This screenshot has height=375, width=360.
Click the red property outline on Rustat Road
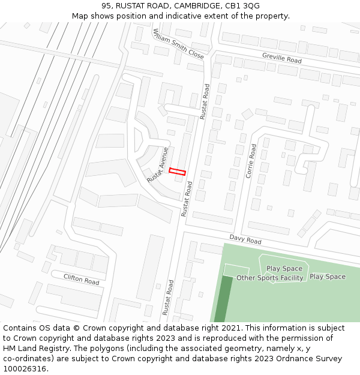[177, 172]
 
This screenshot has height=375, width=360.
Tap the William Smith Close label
[178, 44]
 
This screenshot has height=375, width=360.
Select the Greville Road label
[281, 58]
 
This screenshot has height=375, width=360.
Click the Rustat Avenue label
[158, 165]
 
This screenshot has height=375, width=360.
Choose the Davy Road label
[245, 239]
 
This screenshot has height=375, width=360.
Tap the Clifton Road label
[82, 279]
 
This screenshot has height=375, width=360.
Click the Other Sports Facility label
[269, 278]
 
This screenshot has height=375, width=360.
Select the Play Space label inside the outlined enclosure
[284, 269]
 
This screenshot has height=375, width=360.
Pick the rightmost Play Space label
[328, 277]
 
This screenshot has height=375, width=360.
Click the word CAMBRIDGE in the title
[191, 5]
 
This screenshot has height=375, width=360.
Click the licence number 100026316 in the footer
[25, 369]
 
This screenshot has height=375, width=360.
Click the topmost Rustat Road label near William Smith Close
[205, 100]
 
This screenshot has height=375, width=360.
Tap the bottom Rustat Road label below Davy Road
[167, 297]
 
